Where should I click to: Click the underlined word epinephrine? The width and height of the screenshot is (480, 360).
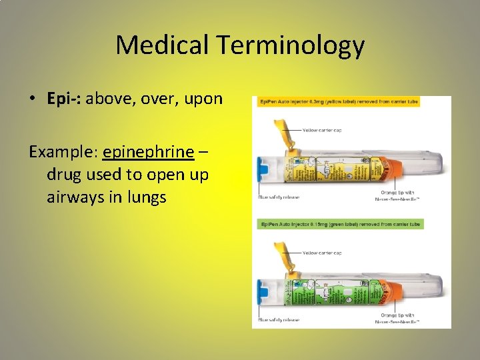(148, 152)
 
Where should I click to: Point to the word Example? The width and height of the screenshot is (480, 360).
(63, 152)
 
